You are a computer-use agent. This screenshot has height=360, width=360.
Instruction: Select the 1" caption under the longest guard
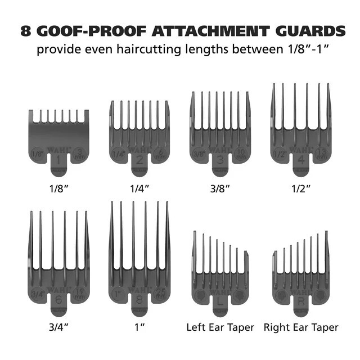[138, 327]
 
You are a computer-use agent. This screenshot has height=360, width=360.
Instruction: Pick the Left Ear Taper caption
[220, 327]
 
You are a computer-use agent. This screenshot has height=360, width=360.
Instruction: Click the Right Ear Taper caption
[301, 327]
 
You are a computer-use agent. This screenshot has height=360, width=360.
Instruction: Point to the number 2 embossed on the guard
[139, 159]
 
